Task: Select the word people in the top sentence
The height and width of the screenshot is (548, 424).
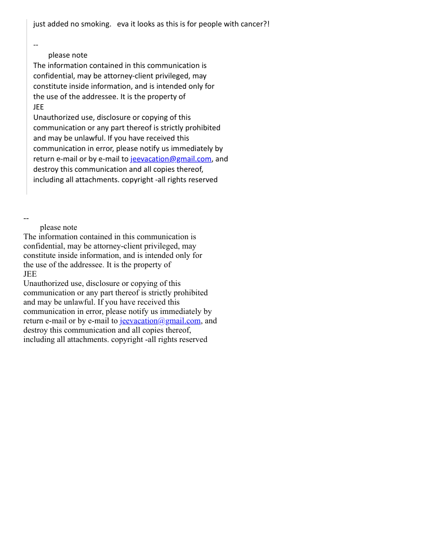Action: pos(209,24)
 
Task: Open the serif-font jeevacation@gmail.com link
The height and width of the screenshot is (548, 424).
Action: pos(160,321)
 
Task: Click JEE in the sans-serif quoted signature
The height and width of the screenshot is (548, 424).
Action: pos(38,107)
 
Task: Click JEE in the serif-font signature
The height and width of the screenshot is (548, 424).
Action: pos(30,274)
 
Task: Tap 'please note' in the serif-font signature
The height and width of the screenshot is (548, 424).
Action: pos(58,227)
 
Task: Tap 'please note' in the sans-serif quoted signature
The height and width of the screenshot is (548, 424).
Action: pos(68,55)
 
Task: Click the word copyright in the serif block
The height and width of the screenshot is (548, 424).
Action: pos(127,339)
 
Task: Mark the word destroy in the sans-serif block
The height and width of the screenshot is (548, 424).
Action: pos(46,169)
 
